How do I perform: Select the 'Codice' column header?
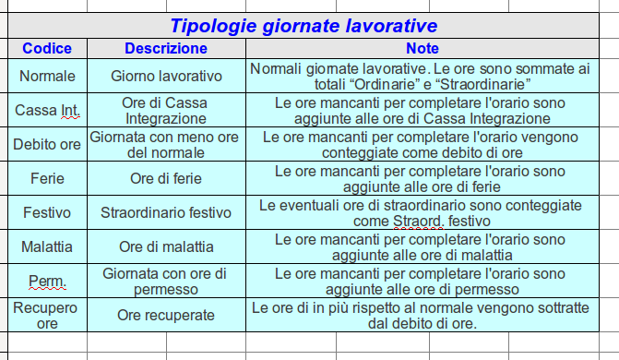(x=47, y=48)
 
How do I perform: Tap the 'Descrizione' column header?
(x=165, y=48)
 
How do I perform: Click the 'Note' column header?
(x=420, y=48)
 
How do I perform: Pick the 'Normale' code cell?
(x=47, y=76)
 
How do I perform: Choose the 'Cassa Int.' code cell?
(x=47, y=111)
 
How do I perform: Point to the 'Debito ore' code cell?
(x=47, y=145)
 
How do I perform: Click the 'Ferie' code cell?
(x=47, y=179)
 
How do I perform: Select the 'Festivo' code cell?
(x=47, y=213)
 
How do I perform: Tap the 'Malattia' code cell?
(x=47, y=247)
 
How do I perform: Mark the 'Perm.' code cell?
(x=47, y=282)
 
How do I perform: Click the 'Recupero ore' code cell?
(x=47, y=315)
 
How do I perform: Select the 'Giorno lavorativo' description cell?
(x=166, y=76)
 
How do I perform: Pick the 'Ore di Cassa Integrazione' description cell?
(x=166, y=111)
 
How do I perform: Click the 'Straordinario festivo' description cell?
(x=166, y=213)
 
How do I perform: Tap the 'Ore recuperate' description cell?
(x=166, y=315)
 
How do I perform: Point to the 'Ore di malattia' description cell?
(x=166, y=247)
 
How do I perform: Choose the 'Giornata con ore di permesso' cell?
(x=166, y=282)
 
